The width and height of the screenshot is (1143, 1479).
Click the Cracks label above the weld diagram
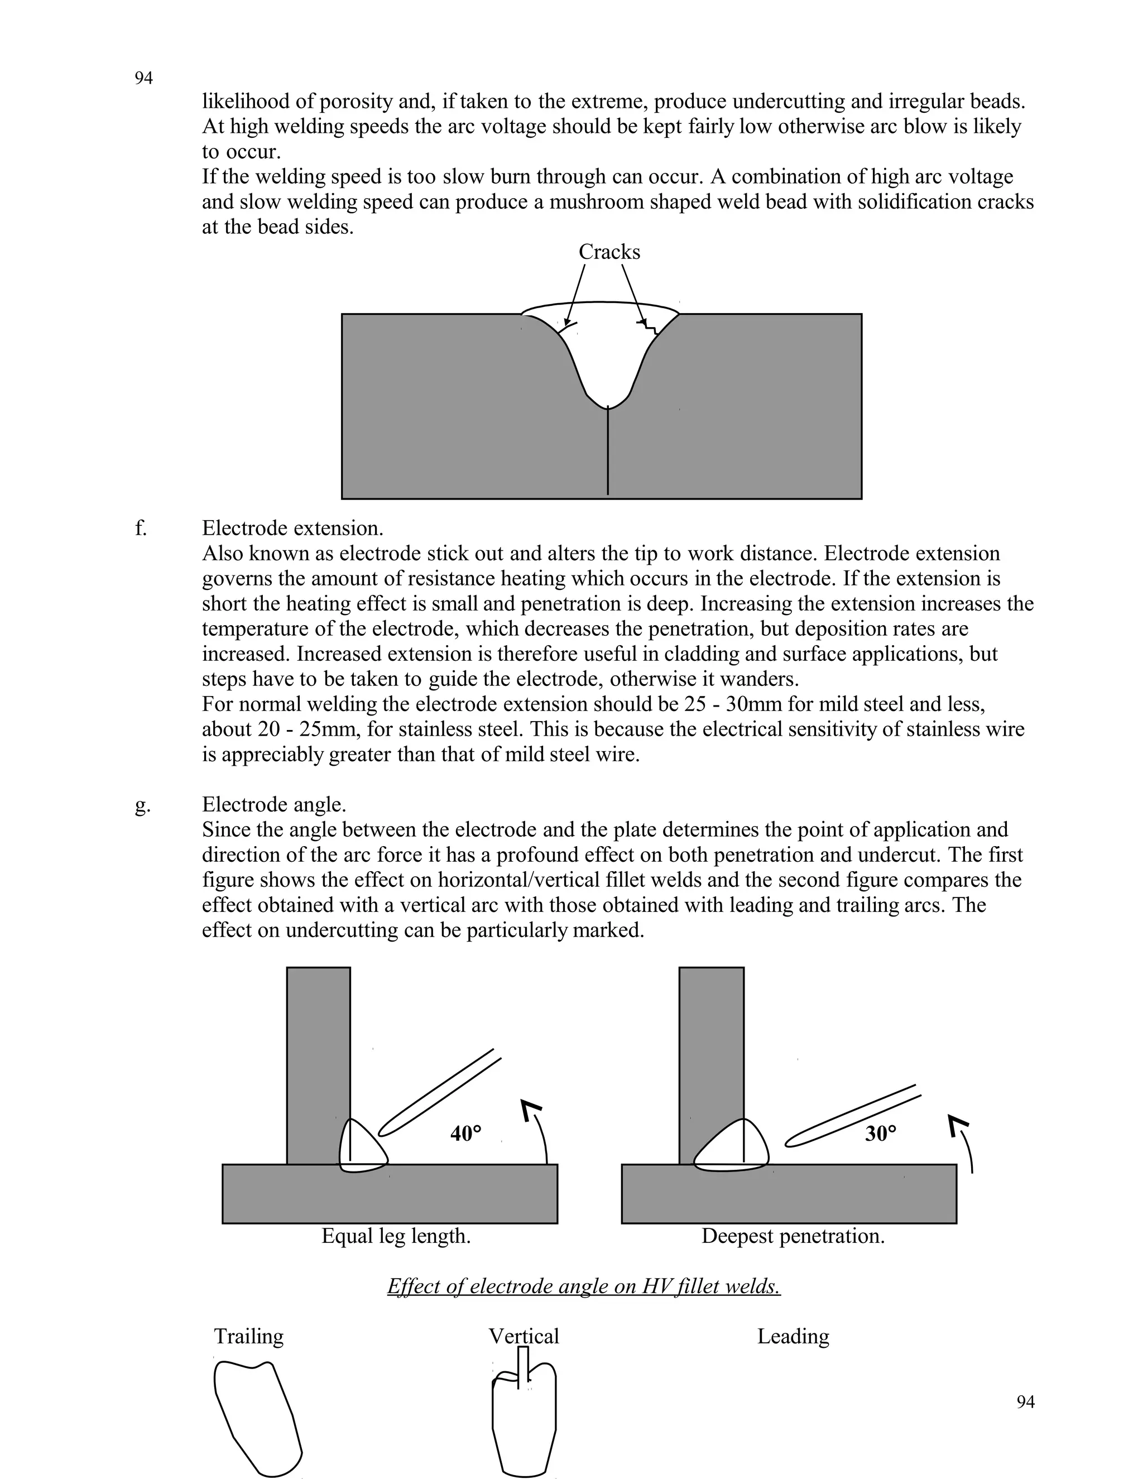coord(609,252)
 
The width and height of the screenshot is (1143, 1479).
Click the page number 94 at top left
coord(143,79)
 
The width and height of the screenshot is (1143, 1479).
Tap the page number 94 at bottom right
coord(1025,1402)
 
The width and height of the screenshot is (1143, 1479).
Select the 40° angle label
coord(466,1133)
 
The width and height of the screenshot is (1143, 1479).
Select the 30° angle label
coord(880,1133)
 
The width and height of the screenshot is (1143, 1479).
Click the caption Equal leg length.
coord(396,1236)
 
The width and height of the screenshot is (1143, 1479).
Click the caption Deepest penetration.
coord(793,1236)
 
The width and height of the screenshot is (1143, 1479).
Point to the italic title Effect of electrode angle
coord(584,1286)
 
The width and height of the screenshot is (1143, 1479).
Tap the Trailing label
coord(248,1336)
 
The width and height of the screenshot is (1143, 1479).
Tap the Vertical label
coord(524,1336)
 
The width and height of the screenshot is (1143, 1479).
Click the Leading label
coord(793,1336)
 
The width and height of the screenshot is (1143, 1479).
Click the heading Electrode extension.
coord(292,528)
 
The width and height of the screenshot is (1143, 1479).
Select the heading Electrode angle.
coord(274,804)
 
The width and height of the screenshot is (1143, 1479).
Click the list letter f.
coord(140,528)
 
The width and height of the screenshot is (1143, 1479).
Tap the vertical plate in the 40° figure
coord(318,1057)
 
